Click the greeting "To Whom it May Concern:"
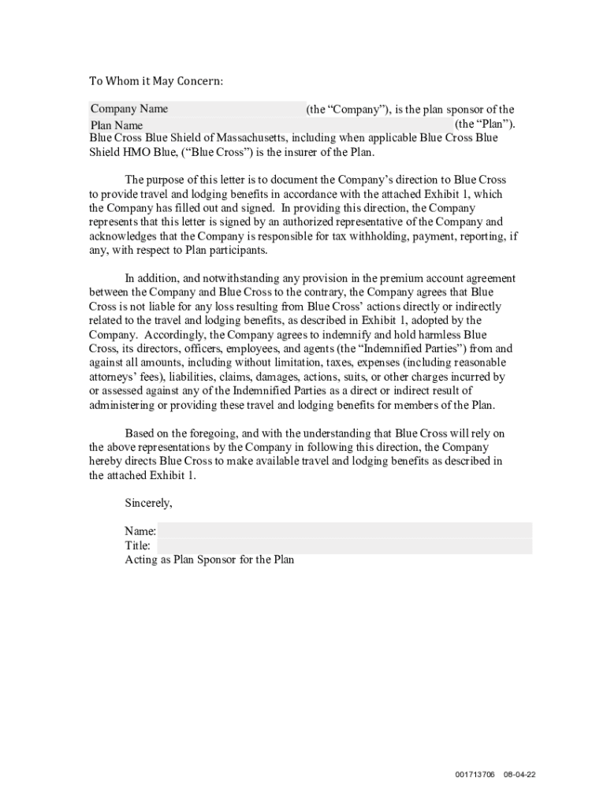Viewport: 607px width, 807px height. tap(155, 81)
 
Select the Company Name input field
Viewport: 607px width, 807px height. tap(196, 109)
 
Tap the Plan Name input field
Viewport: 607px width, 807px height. tap(271, 125)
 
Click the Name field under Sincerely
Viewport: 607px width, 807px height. tap(344, 530)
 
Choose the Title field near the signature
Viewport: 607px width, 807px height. tap(344, 545)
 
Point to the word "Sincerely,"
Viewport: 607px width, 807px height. tap(148, 502)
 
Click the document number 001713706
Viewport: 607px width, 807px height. tap(475, 775)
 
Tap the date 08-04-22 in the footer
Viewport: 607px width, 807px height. tap(520, 775)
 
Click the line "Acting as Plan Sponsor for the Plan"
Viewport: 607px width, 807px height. tap(210, 560)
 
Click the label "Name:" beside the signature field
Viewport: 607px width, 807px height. tap(140, 531)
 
